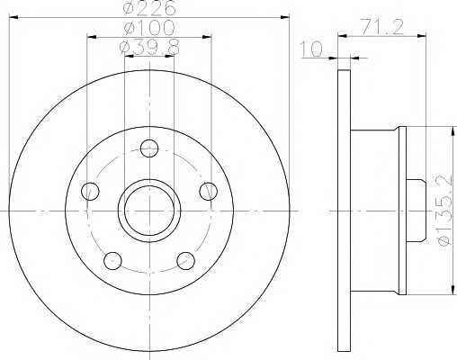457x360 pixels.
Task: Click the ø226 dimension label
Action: click(x=149, y=8)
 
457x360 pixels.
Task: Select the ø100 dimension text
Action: click(x=149, y=28)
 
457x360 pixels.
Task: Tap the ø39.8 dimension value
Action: click(x=149, y=48)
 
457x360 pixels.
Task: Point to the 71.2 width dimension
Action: click(x=381, y=27)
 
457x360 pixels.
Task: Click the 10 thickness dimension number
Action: click(x=312, y=49)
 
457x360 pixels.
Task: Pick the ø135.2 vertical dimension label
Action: click(x=445, y=210)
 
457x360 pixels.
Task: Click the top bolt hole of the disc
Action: click(x=149, y=148)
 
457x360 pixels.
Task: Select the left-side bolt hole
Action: click(x=90, y=192)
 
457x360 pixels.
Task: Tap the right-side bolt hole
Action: click(x=209, y=192)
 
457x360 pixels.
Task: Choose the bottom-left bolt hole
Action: click(x=112, y=261)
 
